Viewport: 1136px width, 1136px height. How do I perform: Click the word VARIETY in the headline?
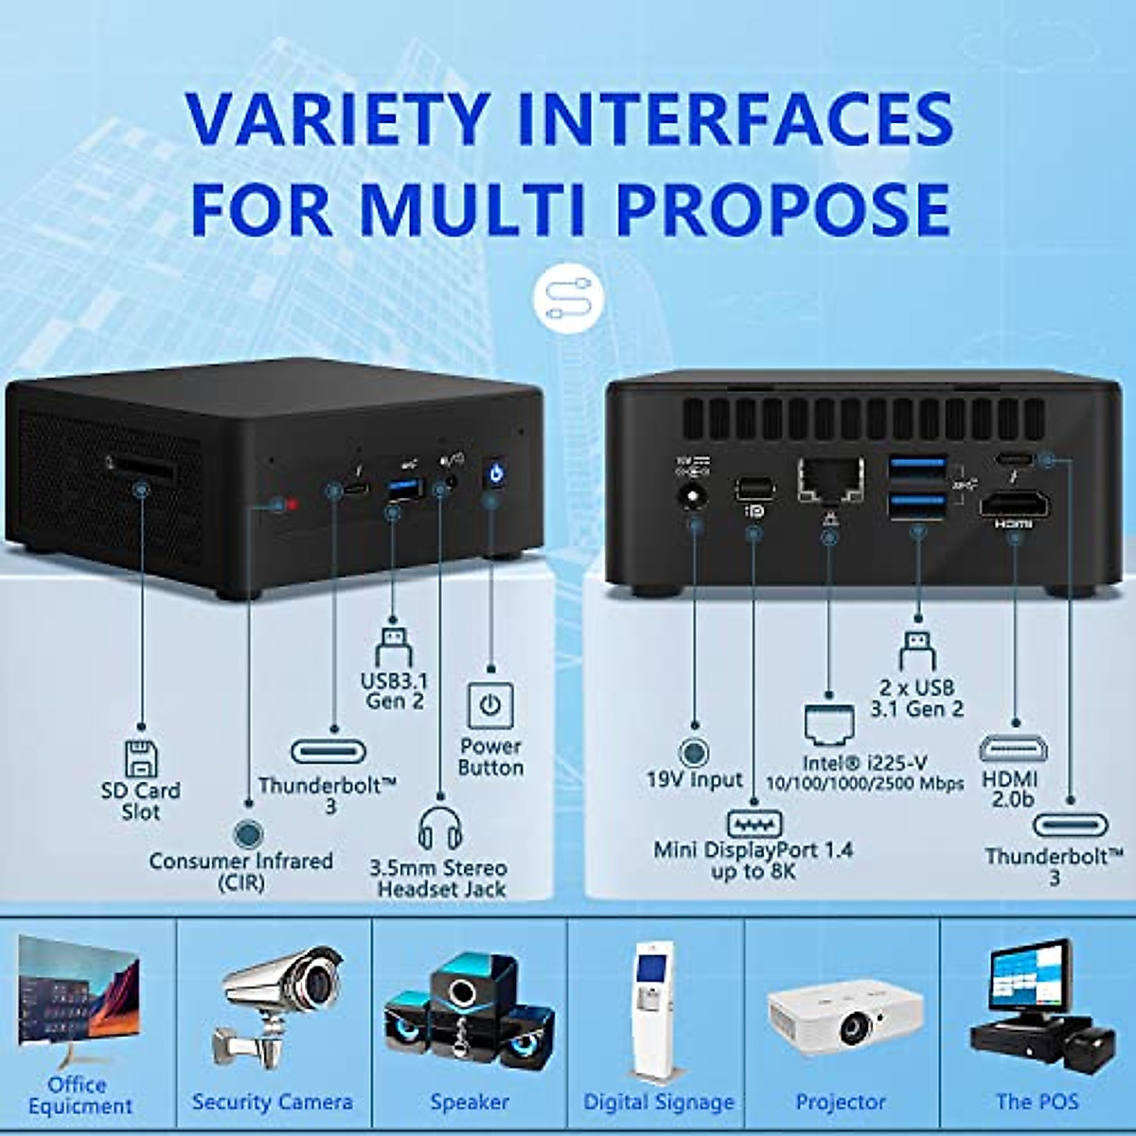click(x=336, y=120)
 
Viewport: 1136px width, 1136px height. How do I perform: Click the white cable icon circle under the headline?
click(x=567, y=298)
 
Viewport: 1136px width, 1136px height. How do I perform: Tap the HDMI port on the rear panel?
click(x=1013, y=506)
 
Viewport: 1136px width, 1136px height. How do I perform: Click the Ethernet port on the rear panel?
click(x=830, y=479)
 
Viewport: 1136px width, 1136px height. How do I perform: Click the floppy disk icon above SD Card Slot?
click(x=141, y=758)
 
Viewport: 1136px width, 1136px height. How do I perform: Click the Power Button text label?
click(x=490, y=756)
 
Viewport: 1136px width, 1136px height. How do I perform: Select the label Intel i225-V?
click(x=865, y=763)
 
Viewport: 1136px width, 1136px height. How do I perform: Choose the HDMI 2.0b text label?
click(x=1009, y=788)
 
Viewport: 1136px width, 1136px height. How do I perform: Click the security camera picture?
click(x=279, y=1003)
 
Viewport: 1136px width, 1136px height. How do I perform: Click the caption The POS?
click(x=1037, y=1101)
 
